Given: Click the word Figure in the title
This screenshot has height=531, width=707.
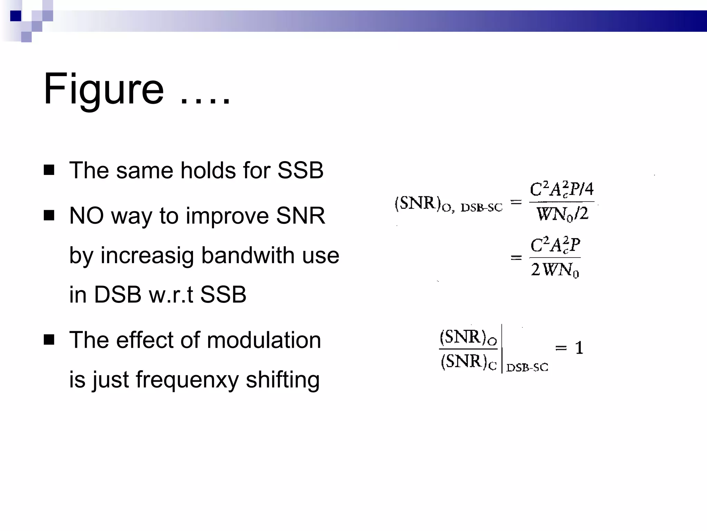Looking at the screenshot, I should (x=104, y=89).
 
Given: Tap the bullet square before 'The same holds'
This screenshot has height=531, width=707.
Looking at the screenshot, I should (x=49, y=170).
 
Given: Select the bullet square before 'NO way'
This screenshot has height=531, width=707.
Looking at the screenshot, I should (x=49, y=215).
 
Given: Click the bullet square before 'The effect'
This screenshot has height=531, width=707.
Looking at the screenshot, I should (x=49, y=339).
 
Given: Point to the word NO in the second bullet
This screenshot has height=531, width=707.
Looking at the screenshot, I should (x=86, y=216).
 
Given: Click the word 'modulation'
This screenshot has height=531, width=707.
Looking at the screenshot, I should (x=264, y=340).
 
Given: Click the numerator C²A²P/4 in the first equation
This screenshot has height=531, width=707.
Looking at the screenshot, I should (x=561, y=189).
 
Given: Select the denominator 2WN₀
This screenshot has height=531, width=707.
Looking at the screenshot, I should (x=555, y=270).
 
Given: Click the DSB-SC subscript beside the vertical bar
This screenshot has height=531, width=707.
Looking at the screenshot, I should (x=527, y=367).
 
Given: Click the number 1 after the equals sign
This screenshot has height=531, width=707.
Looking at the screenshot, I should (x=579, y=348).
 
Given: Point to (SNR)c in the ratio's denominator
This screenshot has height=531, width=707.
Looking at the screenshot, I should (x=468, y=362).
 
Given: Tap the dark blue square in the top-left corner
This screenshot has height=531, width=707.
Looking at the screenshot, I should (x=16, y=16).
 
